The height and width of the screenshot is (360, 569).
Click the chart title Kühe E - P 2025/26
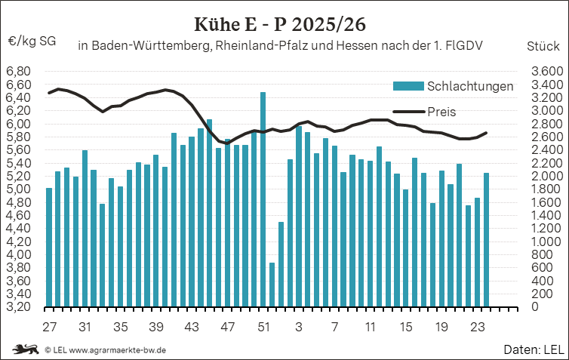pos(280,25)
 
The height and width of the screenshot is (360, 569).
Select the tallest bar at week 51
pos(263,199)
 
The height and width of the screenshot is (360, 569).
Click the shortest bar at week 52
pos(272,285)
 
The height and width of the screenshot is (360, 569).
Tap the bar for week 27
pos(49,247)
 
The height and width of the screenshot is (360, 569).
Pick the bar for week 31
pos(85,228)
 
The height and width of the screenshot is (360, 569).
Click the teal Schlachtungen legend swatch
pos(408,86)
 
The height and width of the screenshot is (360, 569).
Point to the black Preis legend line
pos(408,112)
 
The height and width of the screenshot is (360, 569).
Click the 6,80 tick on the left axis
pos(19,72)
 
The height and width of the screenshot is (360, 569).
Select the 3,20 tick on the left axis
pos(19,306)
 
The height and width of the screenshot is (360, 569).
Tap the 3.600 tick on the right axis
pos(547,72)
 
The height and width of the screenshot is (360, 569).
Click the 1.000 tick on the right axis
pos(547,242)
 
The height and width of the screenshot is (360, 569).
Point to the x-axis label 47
pos(228,327)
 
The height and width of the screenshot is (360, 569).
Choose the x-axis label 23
pos(477,327)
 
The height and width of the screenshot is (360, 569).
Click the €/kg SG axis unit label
pos(32,42)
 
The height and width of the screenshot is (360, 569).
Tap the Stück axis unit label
pos(543,46)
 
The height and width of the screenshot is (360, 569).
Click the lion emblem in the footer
pos(26,349)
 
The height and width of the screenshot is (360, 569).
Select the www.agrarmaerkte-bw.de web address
pos(118,350)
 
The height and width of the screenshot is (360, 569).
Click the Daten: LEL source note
pos(534,349)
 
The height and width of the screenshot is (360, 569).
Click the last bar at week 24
pos(486,239)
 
